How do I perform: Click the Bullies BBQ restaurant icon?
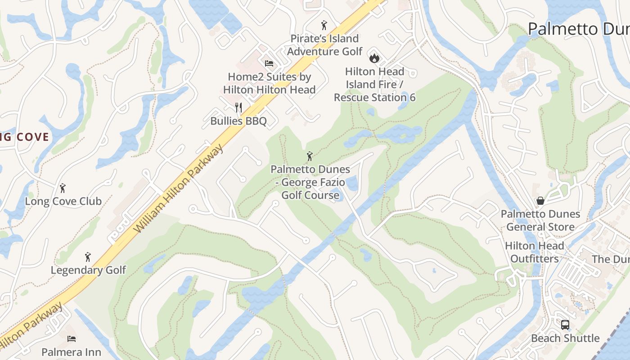click(238, 108)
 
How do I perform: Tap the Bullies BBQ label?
click(238, 121)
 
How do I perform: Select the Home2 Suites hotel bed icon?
click(269, 63)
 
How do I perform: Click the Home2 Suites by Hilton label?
click(269, 83)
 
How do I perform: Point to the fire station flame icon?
click(374, 58)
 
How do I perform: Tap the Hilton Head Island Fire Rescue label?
click(374, 84)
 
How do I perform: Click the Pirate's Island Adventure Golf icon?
click(324, 25)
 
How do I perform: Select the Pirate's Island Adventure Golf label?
click(324, 45)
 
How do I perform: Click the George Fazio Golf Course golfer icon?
click(310, 156)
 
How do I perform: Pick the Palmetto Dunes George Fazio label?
click(310, 182)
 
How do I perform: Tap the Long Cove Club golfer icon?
click(63, 188)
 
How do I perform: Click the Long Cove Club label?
click(63, 201)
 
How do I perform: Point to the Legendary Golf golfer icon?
click(88, 257)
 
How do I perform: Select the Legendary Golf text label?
click(88, 270)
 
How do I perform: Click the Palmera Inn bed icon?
click(72, 338)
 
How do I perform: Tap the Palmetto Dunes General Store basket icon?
click(540, 201)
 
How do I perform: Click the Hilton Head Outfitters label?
click(534, 252)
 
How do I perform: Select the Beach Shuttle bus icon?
click(565, 324)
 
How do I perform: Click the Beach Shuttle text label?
click(565, 338)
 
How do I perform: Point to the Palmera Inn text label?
click(72, 351)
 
